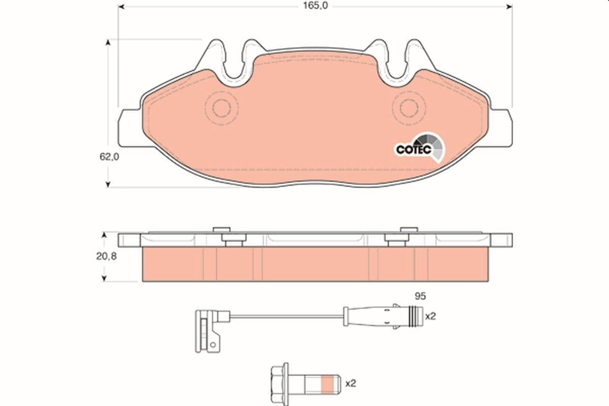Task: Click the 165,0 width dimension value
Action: pyautogui.click(x=314, y=6)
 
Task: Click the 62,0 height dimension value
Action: pyautogui.click(x=109, y=157)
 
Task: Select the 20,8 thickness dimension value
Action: pyautogui.click(x=107, y=257)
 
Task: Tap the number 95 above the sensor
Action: pyautogui.click(x=419, y=295)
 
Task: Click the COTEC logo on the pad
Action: pyautogui.click(x=414, y=149)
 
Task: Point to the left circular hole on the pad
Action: pyautogui.click(x=222, y=108)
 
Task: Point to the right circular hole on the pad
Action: pyautogui.click(x=409, y=108)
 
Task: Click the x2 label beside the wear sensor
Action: pyautogui.click(x=430, y=316)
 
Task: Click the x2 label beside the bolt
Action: pyautogui.click(x=350, y=384)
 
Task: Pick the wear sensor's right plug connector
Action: pyautogui.click(x=386, y=316)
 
